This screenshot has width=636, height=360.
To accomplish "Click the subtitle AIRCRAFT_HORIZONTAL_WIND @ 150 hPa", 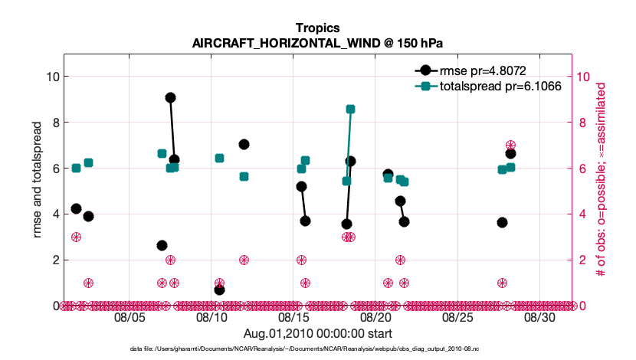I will (318, 42).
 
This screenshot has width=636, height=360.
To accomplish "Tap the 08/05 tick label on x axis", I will (129, 317).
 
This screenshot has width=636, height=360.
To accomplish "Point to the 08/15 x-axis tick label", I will (294, 317).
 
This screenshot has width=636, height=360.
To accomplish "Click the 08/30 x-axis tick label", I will (539, 317).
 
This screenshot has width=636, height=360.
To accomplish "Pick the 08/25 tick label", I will (458, 317).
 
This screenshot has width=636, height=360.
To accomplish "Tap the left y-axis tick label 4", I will (54, 214).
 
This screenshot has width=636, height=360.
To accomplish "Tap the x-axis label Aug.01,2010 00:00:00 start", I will (318, 333).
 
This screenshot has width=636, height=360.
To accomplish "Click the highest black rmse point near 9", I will (170, 97).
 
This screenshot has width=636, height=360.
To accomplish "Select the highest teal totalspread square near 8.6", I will (350, 109).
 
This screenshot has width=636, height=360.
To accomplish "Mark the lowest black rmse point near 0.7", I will (219, 290).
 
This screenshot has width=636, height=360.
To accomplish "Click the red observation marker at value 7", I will (510, 146).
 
